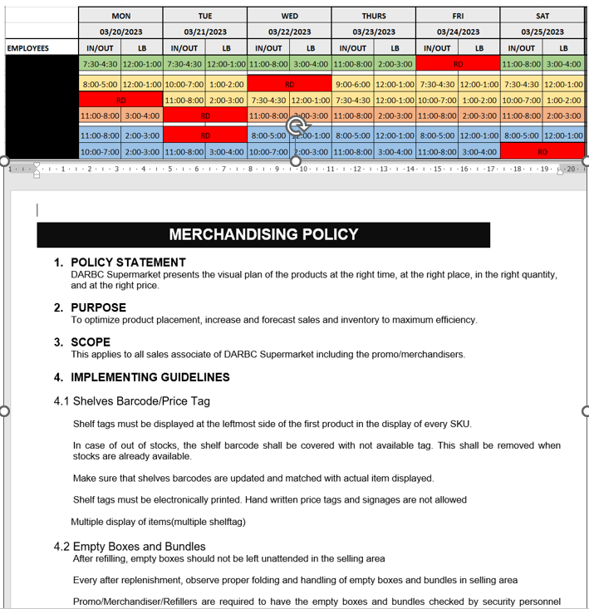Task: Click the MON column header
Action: (120, 16)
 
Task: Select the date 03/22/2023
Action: (289, 32)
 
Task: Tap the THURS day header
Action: (373, 16)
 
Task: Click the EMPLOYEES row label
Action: (28, 48)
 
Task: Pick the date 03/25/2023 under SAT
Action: (542, 32)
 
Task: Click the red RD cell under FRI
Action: (458, 64)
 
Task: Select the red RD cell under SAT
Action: (542, 151)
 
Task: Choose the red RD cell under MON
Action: (120, 100)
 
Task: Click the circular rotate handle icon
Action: (297, 125)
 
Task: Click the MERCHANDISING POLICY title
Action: (263, 234)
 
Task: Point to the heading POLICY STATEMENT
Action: (128, 263)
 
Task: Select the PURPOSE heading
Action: (98, 307)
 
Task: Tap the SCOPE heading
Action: (91, 342)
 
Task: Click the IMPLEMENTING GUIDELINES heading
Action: (150, 377)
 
